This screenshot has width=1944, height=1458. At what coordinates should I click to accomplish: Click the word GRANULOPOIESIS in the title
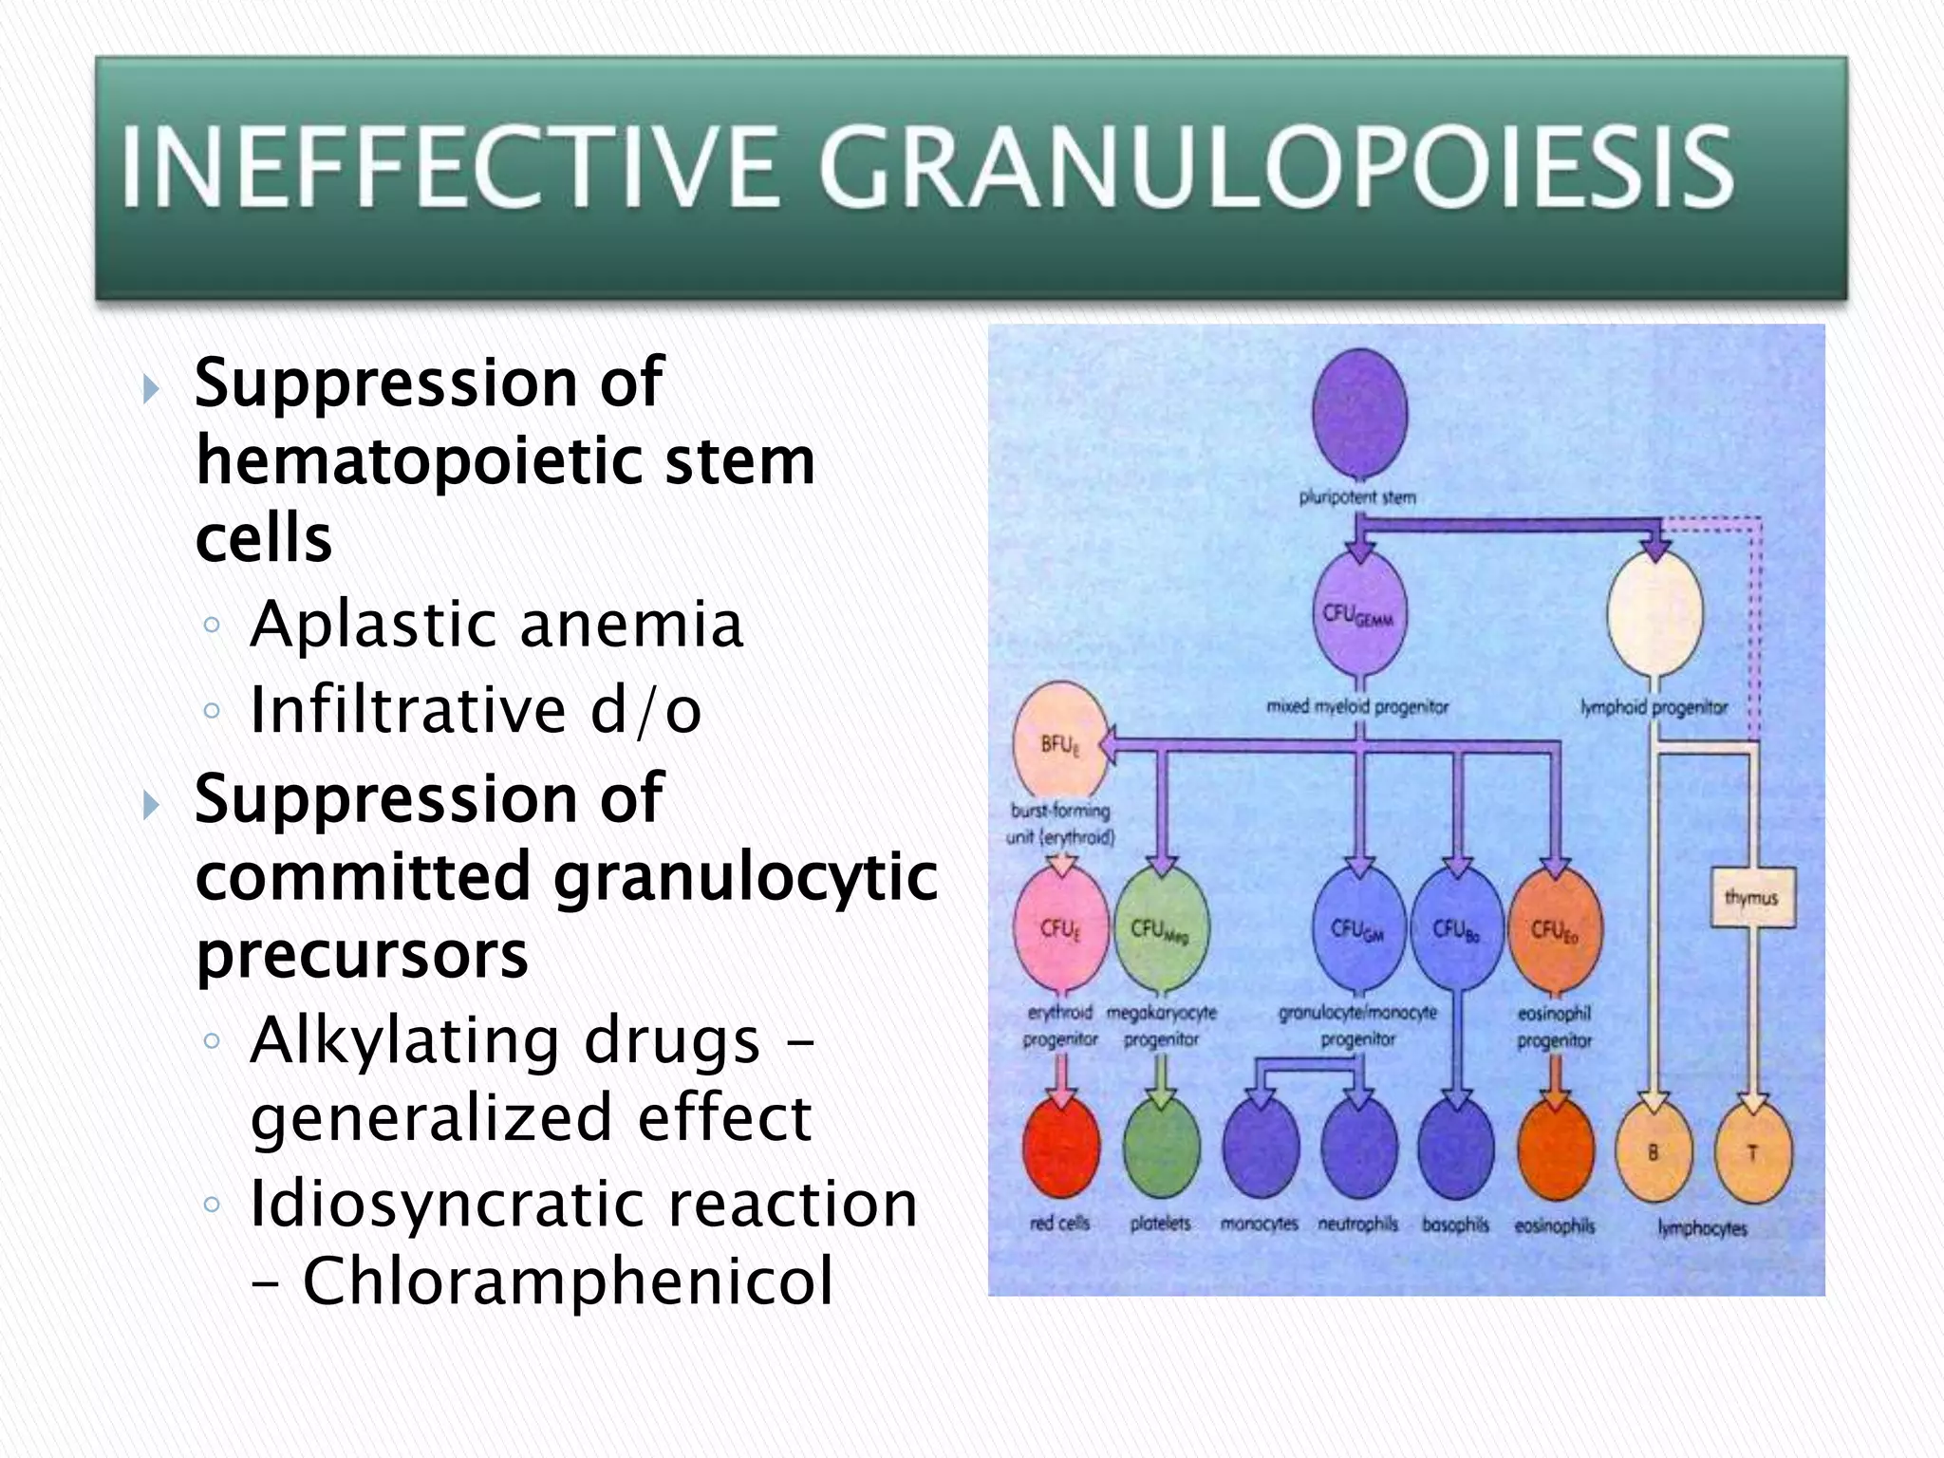(1277, 168)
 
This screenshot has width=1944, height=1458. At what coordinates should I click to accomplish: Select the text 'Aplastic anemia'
(495, 625)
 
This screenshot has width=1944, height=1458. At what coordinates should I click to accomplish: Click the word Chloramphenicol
(567, 1281)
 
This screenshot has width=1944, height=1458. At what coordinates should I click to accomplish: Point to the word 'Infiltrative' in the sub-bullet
(408, 710)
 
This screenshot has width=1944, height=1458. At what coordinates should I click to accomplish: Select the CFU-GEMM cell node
(1359, 614)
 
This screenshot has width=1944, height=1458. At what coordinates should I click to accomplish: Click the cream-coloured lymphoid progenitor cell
(1654, 614)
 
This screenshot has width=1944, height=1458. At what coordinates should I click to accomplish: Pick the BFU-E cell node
(1060, 741)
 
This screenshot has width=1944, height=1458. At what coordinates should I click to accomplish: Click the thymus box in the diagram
(1752, 897)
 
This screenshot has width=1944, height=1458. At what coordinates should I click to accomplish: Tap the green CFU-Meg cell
(1161, 927)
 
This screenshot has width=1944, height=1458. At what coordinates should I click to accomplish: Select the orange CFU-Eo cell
(1554, 927)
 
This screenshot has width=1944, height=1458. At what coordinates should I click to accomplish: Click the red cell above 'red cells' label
(1061, 1149)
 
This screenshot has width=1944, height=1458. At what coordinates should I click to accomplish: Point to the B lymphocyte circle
(1654, 1151)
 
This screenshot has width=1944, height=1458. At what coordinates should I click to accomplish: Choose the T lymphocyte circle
(1753, 1151)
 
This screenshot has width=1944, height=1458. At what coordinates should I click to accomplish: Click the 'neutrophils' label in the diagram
(1357, 1224)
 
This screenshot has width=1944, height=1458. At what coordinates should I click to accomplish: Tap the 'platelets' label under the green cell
(1160, 1224)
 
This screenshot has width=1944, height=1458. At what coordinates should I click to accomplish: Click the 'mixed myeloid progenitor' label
(1357, 707)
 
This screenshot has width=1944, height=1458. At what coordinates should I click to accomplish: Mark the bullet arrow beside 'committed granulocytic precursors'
(150, 805)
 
